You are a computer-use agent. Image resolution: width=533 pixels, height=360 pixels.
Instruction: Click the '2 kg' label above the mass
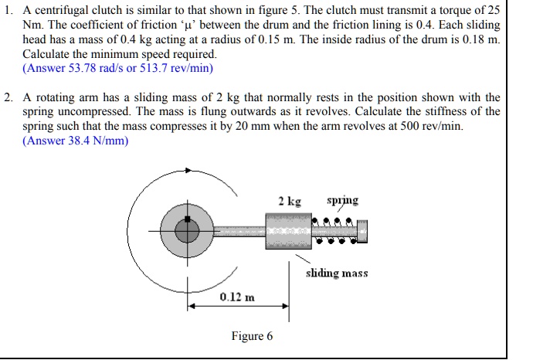[x=290, y=202]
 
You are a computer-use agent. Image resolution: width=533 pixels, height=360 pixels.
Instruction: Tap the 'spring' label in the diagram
[x=342, y=201]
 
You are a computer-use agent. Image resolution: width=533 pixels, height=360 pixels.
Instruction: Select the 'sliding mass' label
[x=337, y=273]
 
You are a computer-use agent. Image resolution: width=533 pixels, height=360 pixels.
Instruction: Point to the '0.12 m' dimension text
[x=237, y=297]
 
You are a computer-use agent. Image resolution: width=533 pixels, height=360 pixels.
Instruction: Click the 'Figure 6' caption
[x=252, y=336]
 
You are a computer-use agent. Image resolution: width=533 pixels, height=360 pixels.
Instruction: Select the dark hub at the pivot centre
[x=186, y=228]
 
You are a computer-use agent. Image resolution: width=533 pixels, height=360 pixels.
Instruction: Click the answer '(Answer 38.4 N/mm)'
[x=76, y=141]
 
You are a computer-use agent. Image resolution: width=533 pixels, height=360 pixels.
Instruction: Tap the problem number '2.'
[x=8, y=98]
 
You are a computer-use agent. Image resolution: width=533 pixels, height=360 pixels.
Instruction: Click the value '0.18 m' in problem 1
[x=478, y=40]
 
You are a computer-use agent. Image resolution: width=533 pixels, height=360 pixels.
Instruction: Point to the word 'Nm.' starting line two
[x=33, y=26]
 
